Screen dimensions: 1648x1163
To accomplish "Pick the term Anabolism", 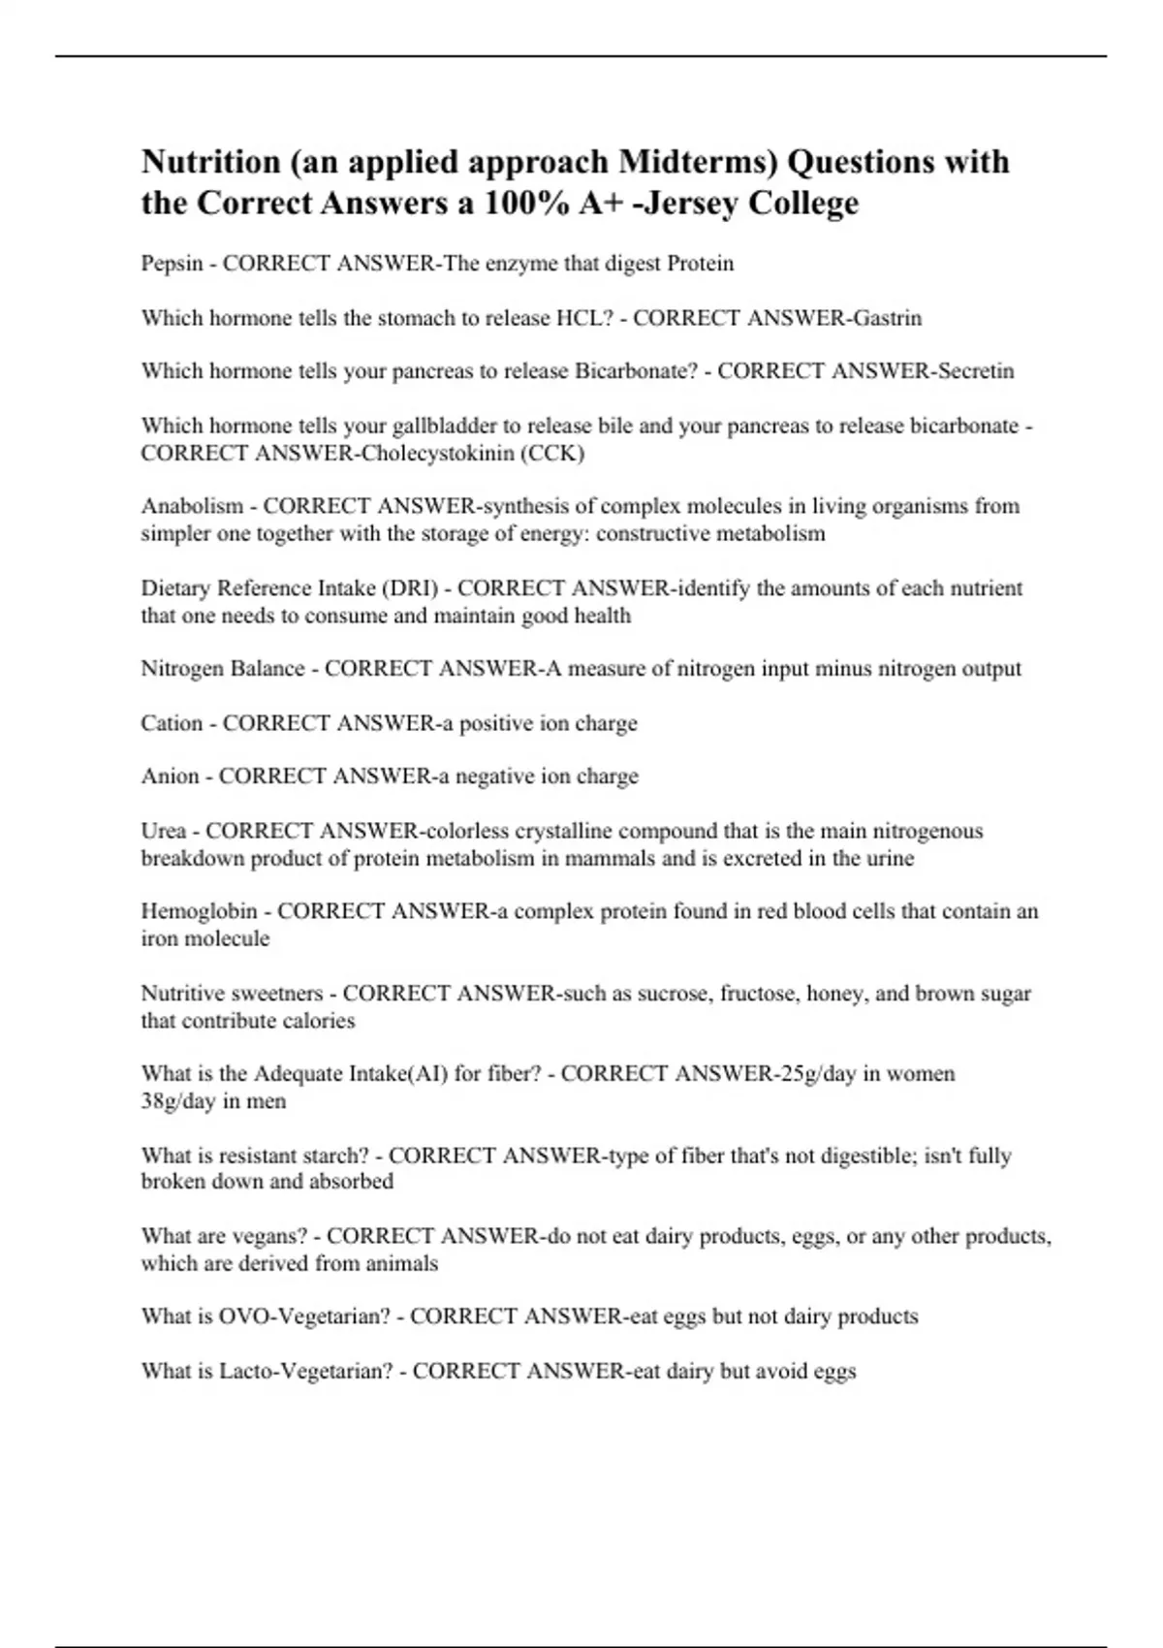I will pos(192,506).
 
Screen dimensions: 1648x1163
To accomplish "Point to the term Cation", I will pos(172,723).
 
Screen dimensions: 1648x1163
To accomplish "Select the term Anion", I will pos(170,776).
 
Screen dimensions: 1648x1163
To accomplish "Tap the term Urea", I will pos(163,831).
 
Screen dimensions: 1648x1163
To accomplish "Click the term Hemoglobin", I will pos(199,911).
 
